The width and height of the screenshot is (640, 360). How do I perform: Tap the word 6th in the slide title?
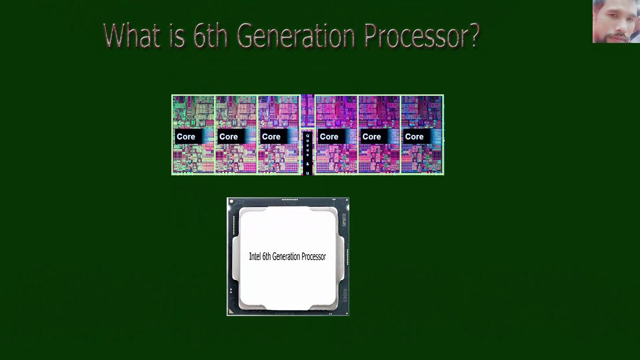[x=207, y=36]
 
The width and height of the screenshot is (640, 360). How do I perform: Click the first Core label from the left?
[x=186, y=136]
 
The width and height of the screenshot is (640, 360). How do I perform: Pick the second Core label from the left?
[x=228, y=136]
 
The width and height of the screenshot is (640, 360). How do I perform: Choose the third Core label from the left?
[x=271, y=136]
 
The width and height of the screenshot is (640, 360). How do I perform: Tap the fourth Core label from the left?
[x=329, y=136]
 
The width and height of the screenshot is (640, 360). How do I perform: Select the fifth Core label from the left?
[x=371, y=136]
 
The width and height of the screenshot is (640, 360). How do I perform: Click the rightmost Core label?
[x=414, y=136]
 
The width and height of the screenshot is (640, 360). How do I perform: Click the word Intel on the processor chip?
[x=254, y=256]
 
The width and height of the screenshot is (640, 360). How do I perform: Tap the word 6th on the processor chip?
[x=266, y=256]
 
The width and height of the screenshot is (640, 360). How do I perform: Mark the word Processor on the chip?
[x=314, y=256]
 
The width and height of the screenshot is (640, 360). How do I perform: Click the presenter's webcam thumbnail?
[x=616, y=21]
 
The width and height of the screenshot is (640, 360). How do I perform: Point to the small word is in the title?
[x=176, y=36]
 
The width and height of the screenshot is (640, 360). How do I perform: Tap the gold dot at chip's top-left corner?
[x=231, y=202]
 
